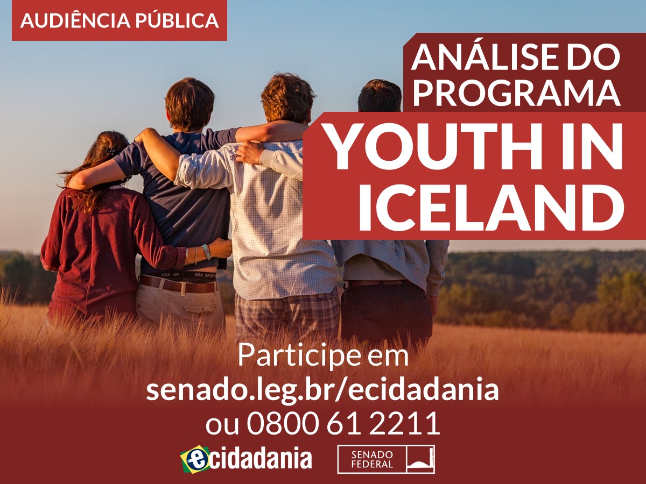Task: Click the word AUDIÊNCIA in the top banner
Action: [75, 20]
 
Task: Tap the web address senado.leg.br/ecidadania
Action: [322, 390]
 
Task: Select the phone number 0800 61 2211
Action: [343, 423]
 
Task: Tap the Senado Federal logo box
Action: [386, 459]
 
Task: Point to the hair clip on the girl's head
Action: [111, 151]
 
